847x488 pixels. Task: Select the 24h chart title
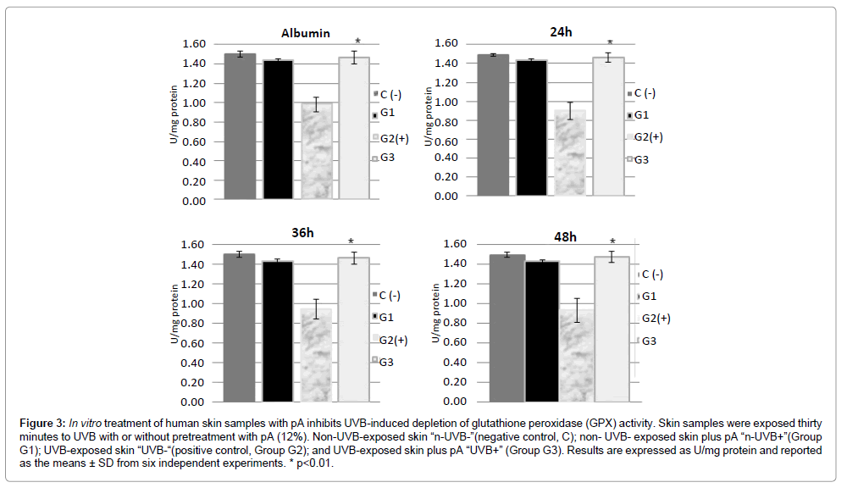coord(561,32)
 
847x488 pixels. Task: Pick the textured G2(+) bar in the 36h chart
coord(316,355)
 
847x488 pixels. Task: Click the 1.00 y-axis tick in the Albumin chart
coord(195,103)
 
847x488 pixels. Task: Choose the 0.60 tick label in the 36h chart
coord(195,343)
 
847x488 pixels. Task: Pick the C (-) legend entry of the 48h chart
coord(652,274)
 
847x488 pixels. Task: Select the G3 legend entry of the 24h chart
coord(641,159)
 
